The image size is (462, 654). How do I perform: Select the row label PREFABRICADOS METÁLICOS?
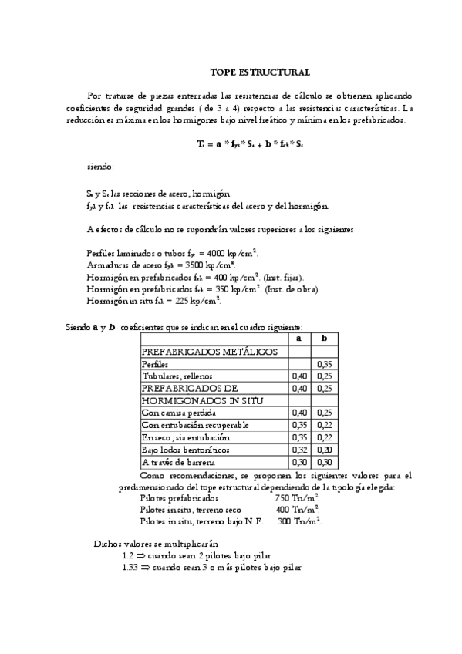209,351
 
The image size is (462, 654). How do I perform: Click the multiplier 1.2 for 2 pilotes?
128,555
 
